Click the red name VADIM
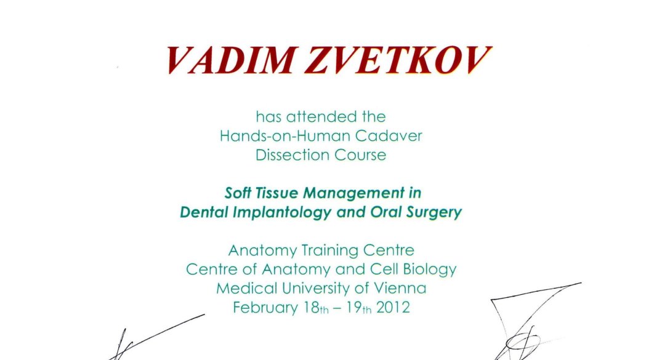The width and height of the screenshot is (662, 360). [230, 60]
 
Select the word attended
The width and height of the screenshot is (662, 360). [322, 116]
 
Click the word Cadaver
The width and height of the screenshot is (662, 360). [389, 136]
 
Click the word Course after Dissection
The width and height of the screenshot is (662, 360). [360, 155]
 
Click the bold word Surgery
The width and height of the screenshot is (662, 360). [434, 212]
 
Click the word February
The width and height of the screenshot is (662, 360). [265, 307]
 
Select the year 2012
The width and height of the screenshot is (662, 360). [393, 307]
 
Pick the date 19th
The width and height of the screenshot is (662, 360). [359, 308]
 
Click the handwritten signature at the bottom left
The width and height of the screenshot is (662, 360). [156, 337]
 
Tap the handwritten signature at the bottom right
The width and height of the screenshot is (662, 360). [535, 322]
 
